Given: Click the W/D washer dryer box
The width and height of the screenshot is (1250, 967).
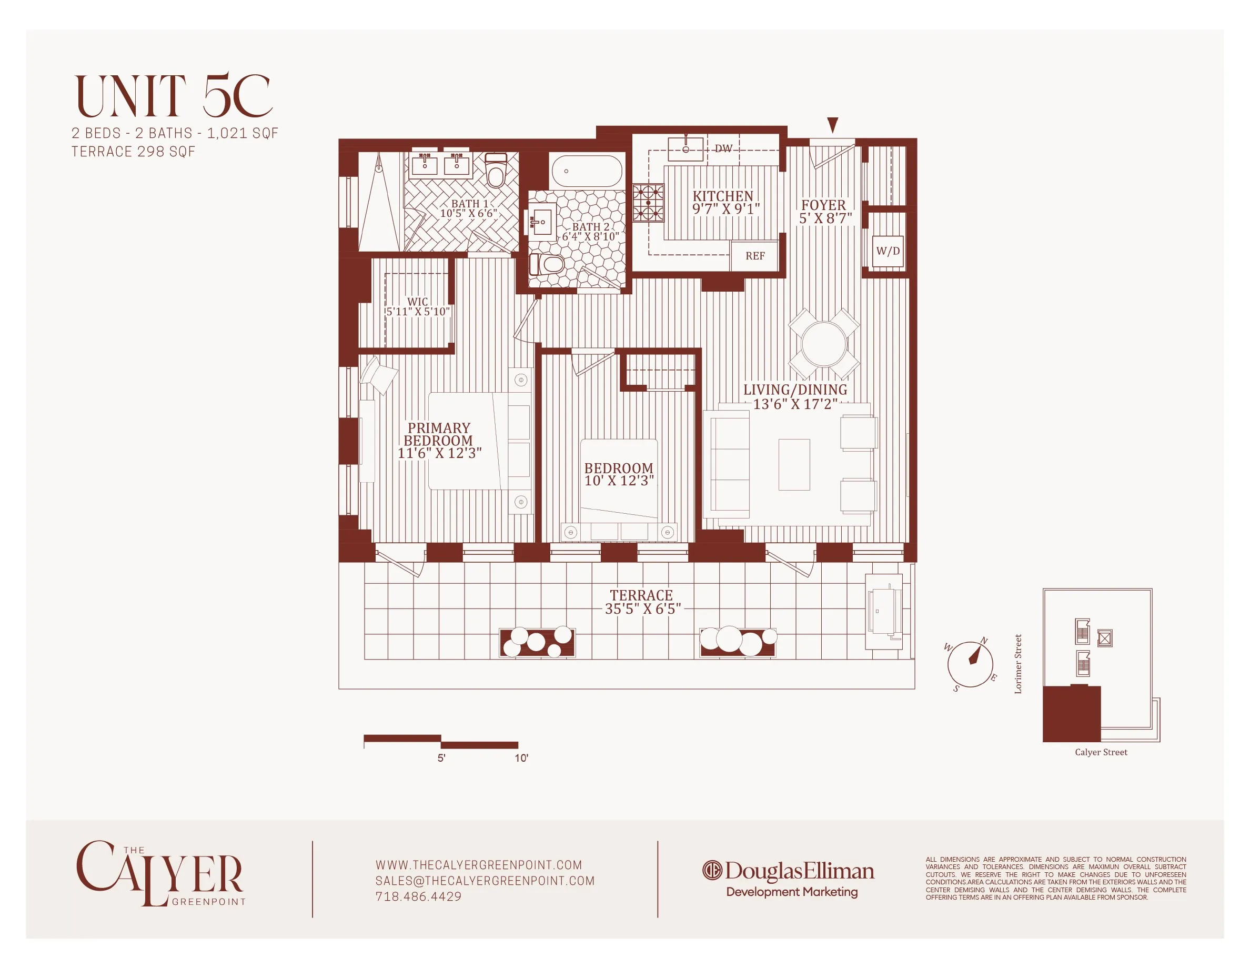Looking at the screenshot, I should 888,251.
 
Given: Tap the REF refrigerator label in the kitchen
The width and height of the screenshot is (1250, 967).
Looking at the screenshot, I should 755,256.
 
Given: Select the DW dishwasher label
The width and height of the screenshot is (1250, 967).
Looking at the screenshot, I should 723,148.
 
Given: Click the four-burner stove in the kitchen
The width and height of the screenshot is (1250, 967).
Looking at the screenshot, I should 648,203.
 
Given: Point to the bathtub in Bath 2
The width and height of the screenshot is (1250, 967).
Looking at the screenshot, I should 587,171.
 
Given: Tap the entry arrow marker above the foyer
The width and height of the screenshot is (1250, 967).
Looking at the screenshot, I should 833,124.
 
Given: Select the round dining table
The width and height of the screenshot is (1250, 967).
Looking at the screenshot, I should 824,344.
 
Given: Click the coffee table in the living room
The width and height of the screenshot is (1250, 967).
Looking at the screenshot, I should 794,464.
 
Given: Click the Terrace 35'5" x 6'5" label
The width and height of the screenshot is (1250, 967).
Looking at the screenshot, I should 642,602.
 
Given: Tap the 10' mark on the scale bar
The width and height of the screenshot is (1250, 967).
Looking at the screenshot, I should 521,757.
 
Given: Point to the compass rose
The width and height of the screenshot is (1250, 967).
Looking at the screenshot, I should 970,664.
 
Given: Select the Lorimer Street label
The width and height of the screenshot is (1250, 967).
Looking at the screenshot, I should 1017,664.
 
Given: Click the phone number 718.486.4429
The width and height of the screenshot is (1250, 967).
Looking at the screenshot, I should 418,896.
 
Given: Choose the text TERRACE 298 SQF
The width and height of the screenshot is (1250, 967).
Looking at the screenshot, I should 133,152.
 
